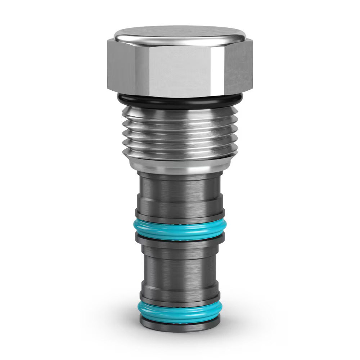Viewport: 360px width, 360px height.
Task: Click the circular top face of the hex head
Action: (x=180, y=33)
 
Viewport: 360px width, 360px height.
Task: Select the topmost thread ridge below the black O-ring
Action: (x=180, y=114)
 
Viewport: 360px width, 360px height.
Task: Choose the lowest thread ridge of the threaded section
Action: (x=180, y=153)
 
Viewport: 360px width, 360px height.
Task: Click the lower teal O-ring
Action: (x=180, y=308)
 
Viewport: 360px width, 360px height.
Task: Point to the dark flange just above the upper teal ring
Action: (x=180, y=215)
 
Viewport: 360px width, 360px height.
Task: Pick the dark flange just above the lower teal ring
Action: (x=180, y=295)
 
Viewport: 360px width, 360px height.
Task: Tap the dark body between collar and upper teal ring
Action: (x=180, y=191)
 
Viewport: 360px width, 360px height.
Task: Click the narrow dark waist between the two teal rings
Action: (x=180, y=266)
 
